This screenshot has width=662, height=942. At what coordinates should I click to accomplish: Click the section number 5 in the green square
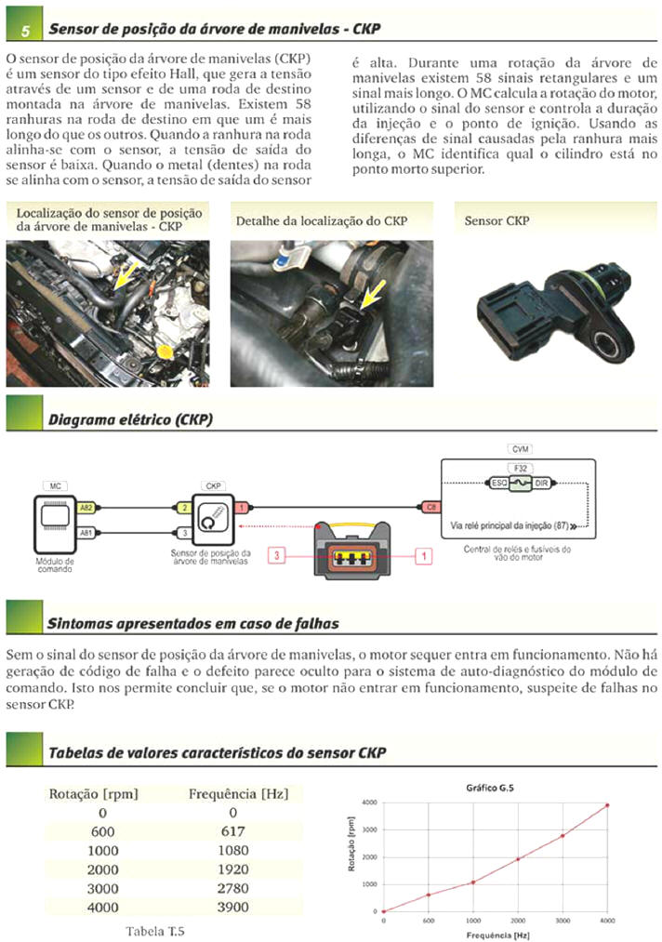pos(24,31)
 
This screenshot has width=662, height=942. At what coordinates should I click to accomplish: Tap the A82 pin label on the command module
pos(86,509)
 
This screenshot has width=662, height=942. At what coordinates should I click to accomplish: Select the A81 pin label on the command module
pos(86,533)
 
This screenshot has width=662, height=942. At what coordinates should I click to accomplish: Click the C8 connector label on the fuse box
pos(430,509)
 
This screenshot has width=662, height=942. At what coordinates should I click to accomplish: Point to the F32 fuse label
pos(522,468)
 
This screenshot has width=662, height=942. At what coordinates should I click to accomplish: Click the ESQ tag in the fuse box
pos(498,484)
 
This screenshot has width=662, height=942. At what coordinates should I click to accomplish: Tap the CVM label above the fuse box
pos(522,449)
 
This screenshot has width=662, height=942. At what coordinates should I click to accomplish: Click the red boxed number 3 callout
pos(276,555)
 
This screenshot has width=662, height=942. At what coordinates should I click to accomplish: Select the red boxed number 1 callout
pos(424,555)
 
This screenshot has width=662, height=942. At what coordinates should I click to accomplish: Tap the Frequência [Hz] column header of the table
pos(238,793)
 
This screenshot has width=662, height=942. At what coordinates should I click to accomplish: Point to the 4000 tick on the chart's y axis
pos(369,802)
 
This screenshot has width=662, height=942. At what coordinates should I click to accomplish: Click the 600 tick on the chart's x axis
pos(429,922)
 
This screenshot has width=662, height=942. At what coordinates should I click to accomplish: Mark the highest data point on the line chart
pos(607,805)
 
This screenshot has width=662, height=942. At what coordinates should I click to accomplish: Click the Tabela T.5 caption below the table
pos(155,929)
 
